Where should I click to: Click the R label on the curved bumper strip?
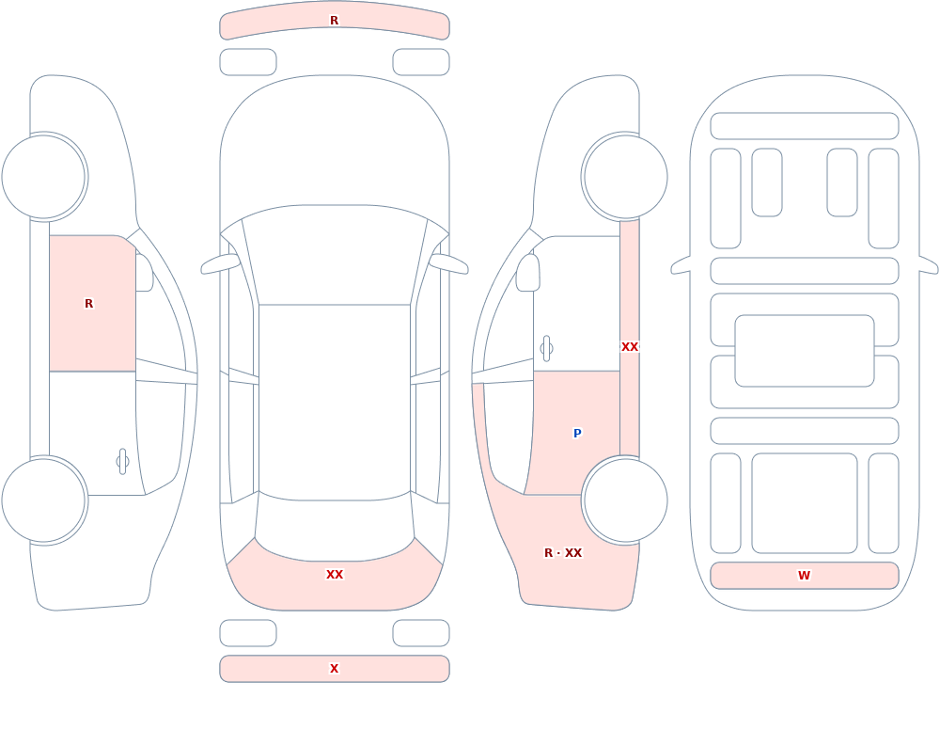tap(334, 21)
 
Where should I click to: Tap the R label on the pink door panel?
tap(88, 304)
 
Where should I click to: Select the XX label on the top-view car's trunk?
tap(335, 575)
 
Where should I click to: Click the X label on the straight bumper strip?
tap(334, 669)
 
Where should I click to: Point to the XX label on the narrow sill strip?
tap(630, 347)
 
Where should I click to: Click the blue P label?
tap(577, 434)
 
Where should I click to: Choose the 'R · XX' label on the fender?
tap(563, 553)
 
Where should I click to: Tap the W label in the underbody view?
tap(804, 576)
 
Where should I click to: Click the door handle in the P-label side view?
tap(546, 349)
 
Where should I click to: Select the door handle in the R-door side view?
tap(122, 462)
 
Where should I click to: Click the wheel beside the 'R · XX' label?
tap(625, 500)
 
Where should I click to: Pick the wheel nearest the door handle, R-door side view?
tap(44, 500)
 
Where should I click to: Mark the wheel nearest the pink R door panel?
tap(44, 177)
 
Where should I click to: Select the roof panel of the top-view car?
tap(335, 402)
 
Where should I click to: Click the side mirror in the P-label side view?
tap(528, 273)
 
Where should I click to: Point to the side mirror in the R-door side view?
tap(145, 273)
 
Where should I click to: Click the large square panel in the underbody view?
tap(805, 503)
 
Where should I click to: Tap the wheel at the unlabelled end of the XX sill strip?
tap(625, 177)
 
